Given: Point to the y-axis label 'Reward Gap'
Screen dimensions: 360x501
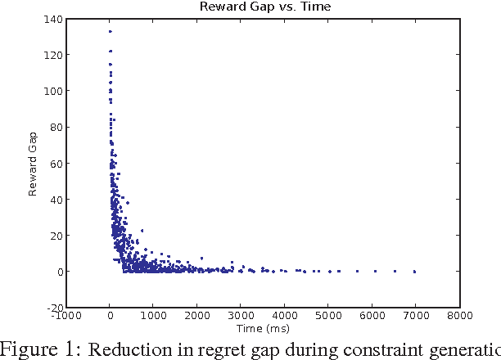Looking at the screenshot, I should point(34,164).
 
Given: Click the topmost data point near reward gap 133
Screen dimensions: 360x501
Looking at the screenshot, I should point(110,32).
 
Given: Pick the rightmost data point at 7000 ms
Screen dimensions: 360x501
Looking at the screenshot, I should point(415,271).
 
